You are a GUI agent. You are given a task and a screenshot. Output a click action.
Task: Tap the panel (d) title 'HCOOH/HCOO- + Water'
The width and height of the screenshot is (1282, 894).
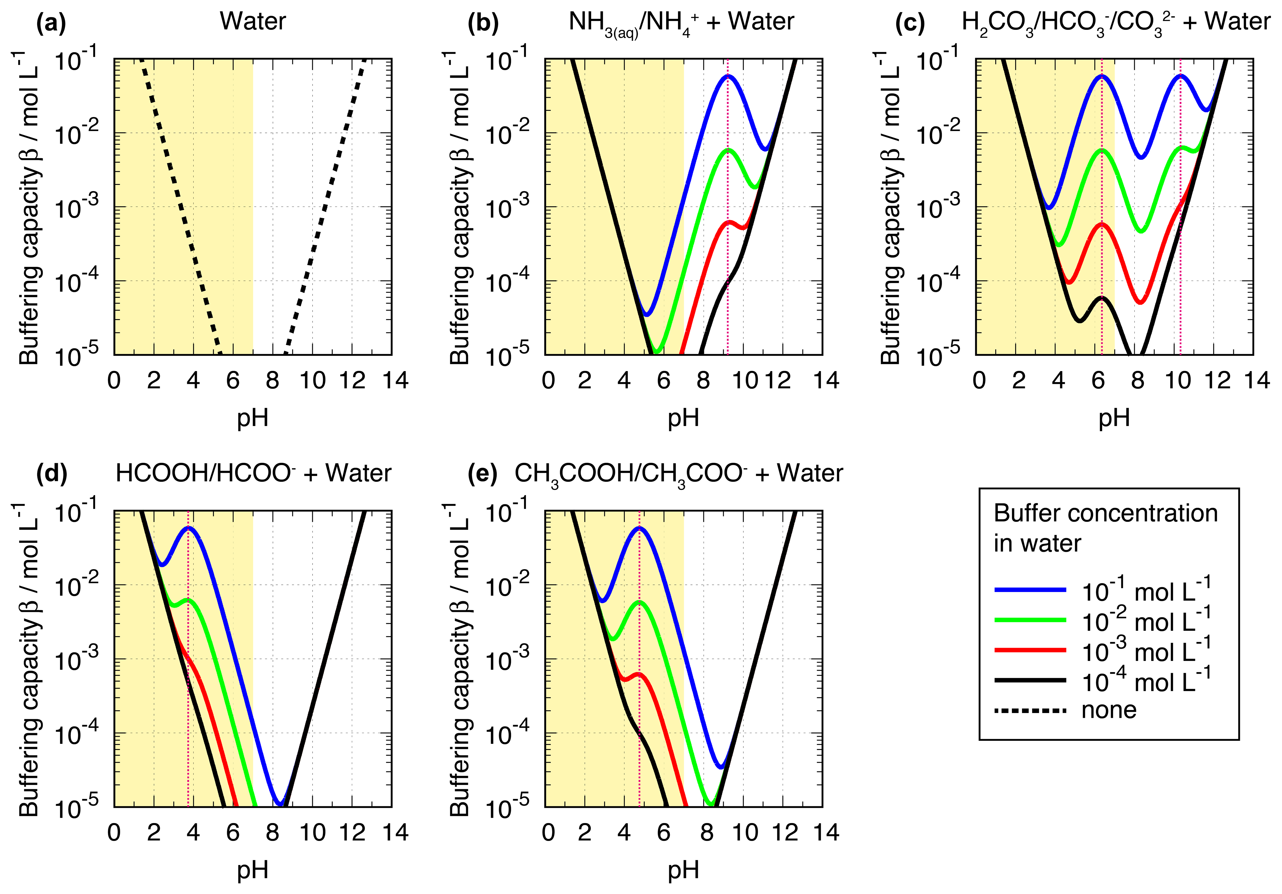253,473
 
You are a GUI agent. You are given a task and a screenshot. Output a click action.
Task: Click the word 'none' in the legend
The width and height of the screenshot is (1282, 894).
1109,710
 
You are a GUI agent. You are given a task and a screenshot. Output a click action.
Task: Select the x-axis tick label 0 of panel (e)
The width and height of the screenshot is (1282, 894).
548,833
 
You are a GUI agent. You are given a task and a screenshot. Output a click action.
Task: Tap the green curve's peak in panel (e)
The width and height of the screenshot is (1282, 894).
639,602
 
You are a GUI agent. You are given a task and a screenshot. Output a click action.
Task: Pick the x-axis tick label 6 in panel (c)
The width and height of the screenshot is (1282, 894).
1098,381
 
